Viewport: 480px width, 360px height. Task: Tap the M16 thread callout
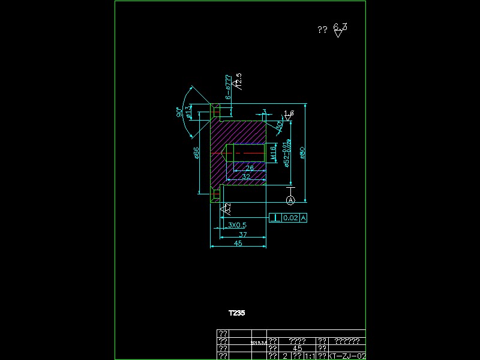point(273,152)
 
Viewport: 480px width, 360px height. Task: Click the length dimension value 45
point(238,244)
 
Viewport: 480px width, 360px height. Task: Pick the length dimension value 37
point(242,234)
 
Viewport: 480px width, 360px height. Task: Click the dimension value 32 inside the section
point(246,176)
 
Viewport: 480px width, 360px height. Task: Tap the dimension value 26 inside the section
point(250,169)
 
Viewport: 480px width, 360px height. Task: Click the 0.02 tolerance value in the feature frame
point(290,218)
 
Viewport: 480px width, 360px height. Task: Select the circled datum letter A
point(290,199)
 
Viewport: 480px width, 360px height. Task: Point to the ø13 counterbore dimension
point(189,112)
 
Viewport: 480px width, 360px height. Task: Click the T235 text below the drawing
point(236,313)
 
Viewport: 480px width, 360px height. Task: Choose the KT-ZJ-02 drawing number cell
point(347,356)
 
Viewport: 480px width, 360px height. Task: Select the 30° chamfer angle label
point(280,125)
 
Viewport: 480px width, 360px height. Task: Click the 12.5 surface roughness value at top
point(238,80)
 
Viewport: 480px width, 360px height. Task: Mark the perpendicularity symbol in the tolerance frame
point(275,218)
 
